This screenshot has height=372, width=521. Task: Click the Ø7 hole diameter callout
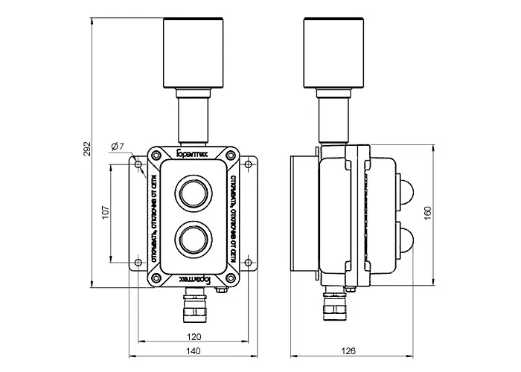[x=117, y=146]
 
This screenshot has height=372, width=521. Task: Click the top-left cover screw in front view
[x=159, y=155]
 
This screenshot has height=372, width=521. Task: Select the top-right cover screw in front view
[x=232, y=155]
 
